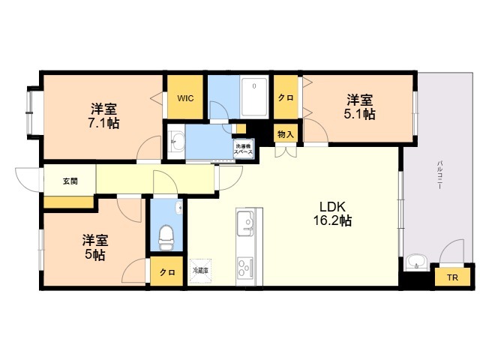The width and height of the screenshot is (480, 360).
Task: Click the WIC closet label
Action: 185,98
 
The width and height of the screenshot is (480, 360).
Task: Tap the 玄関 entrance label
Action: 70,181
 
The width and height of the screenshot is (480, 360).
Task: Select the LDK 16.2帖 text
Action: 332,214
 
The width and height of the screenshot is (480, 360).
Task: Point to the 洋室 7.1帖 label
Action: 103,116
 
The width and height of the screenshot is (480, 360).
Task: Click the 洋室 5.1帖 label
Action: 360,107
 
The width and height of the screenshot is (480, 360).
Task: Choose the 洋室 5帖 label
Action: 95,247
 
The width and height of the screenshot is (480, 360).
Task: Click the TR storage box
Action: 452,277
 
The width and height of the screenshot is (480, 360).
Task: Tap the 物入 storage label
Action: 286,134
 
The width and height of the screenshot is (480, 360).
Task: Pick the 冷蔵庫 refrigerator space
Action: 200,271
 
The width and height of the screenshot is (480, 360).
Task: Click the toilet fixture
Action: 166,237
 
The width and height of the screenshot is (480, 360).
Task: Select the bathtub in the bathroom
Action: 255,97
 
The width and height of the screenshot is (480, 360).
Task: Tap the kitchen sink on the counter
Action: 245,223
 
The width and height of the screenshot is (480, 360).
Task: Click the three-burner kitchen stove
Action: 245,267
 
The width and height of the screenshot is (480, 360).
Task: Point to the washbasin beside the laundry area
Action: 177,142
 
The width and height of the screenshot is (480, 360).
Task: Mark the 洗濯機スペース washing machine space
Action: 243,149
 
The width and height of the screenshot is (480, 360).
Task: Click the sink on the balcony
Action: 416,262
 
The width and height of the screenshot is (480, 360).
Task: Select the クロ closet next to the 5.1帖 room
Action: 286,97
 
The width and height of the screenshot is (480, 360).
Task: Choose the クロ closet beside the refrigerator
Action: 167,271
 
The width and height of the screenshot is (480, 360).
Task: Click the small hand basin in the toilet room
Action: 178,208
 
